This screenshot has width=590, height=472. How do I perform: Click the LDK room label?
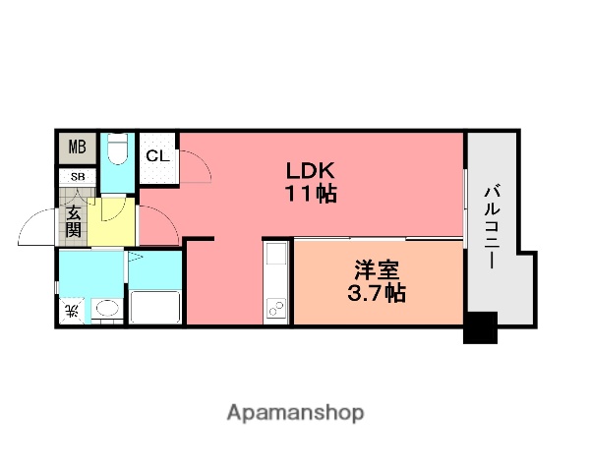[311, 169]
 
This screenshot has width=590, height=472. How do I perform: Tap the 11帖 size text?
[311, 193]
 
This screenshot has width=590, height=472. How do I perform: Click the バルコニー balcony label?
[492, 229]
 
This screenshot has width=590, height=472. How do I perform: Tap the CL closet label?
[157, 155]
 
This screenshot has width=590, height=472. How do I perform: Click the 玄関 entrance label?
[74, 220]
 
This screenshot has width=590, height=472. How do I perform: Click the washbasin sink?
[106, 311]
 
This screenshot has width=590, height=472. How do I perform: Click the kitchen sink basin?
[274, 265]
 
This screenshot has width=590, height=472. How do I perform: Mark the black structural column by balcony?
[480, 327]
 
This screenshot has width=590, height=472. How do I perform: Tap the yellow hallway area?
[112, 224]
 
